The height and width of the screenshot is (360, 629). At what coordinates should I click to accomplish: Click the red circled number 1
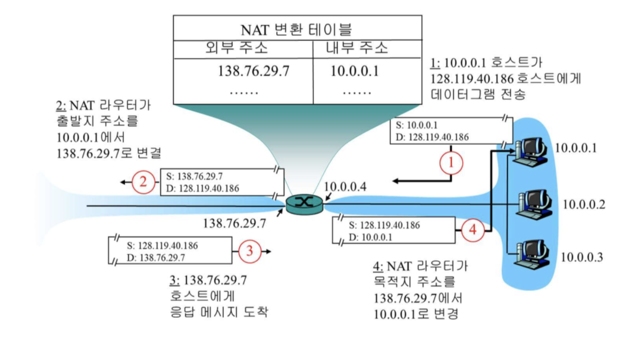[451, 163]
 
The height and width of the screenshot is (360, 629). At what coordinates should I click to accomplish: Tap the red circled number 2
[143, 182]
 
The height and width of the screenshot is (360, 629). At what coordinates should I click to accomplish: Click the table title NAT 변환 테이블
[296, 30]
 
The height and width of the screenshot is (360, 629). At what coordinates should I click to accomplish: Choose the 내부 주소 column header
[358, 48]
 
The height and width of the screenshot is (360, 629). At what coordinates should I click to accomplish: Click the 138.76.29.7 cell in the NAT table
[253, 72]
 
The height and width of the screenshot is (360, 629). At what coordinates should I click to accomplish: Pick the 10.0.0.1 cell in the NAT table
[354, 72]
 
